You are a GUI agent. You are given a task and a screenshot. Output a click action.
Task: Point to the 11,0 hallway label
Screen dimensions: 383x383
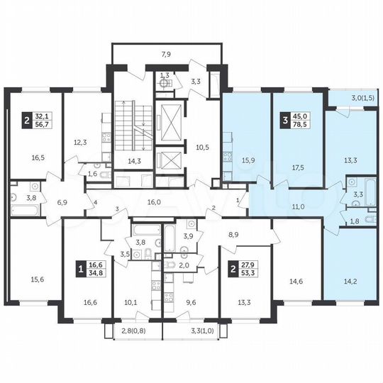point(298,207)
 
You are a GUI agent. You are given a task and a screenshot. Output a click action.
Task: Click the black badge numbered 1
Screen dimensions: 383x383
point(82,268)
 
